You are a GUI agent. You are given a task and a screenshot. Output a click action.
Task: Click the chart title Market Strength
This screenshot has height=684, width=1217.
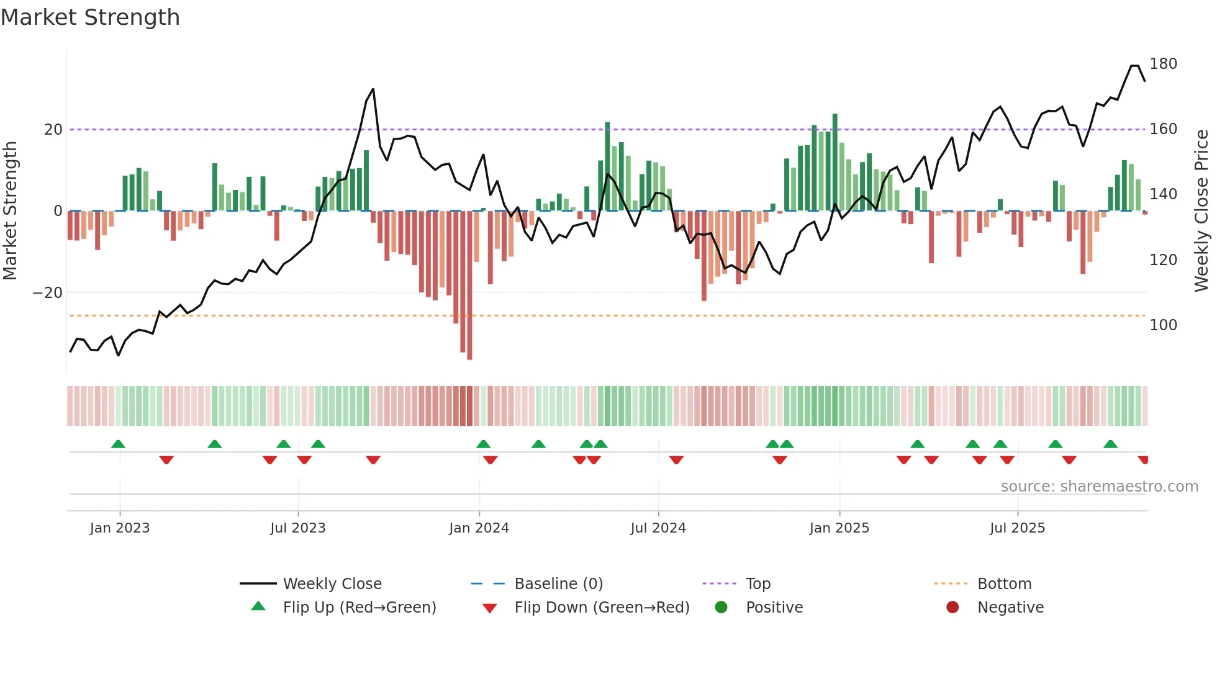[x=90, y=17]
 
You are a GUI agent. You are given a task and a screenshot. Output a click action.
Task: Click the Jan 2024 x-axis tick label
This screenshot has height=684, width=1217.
[x=479, y=528]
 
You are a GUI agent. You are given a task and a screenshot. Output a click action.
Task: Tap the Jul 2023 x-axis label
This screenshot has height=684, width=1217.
[x=297, y=528]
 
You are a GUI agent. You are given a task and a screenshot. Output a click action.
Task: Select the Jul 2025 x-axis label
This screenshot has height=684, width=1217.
[x=1017, y=528]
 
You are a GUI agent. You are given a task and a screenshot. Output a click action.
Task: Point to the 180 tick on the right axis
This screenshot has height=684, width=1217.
[x=1163, y=64]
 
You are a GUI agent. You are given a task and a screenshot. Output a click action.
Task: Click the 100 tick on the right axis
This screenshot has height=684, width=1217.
[x=1163, y=325]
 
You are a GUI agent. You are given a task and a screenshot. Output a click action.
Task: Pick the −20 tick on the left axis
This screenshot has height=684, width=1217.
[x=48, y=293]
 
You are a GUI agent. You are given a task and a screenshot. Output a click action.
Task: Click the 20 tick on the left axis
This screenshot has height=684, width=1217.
[x=53, y=130]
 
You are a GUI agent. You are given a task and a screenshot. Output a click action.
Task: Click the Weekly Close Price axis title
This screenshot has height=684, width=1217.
[x=1202, y=211]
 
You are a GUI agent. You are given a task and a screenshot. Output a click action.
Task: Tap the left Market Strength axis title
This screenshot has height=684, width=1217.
[x=10, y=211]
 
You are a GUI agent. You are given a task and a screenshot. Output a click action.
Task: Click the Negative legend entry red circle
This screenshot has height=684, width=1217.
[x=952, y=608]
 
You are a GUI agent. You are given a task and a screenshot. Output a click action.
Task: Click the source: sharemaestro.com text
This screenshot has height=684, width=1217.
[x=1099, y=487]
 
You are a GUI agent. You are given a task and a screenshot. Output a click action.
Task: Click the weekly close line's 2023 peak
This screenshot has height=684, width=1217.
[x=373, y=89]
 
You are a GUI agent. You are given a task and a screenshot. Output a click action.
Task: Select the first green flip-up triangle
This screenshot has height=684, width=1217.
[x=118, y=444]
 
